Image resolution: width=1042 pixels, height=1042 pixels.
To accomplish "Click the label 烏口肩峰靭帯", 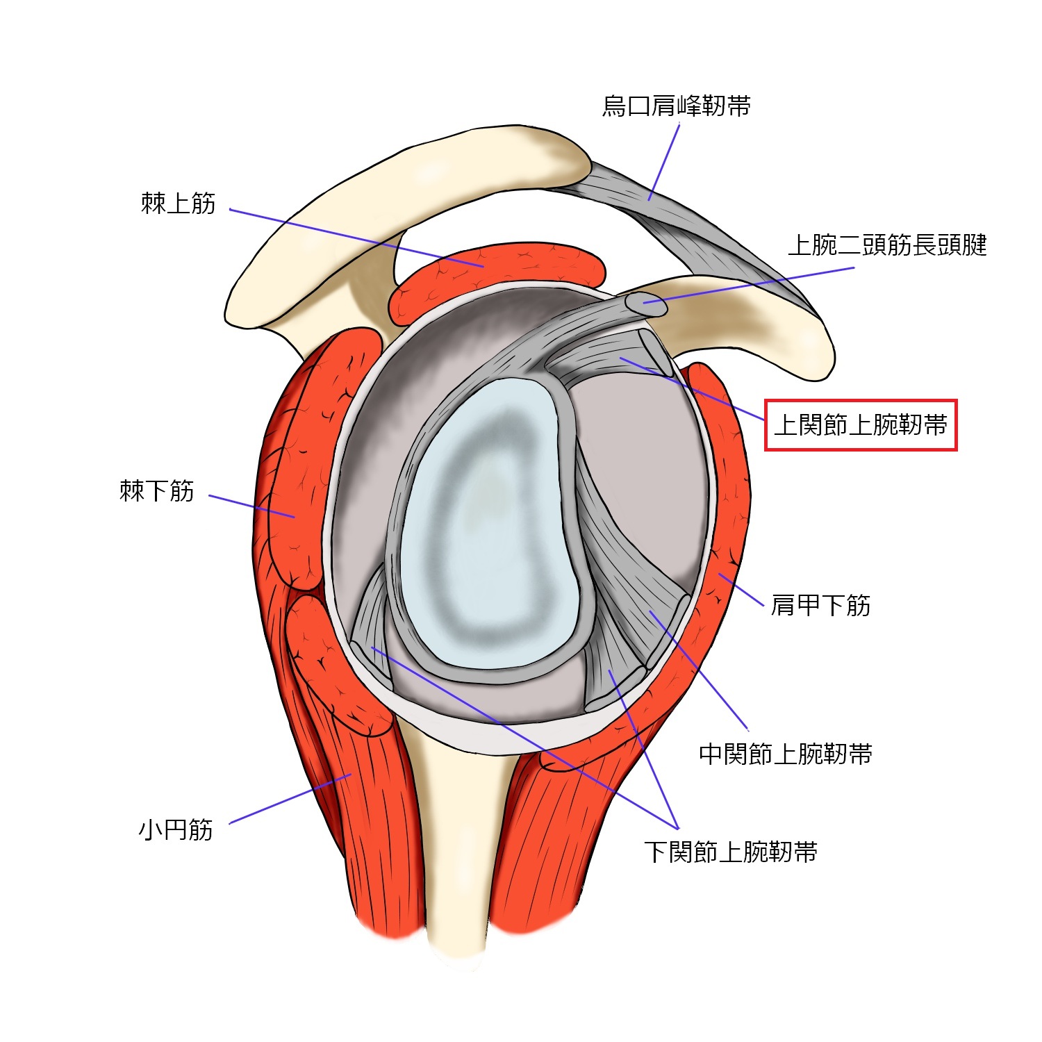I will pos(676,106).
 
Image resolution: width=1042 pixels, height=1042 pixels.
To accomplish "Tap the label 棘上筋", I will pos(178,204).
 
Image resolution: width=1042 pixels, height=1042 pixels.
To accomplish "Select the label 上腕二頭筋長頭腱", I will pos(887,245).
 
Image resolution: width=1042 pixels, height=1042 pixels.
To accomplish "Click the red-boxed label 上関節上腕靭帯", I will pos(861,425).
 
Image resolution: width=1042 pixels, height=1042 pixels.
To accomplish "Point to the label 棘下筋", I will pos(156,491).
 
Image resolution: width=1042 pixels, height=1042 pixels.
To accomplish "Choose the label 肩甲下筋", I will pos(820,605).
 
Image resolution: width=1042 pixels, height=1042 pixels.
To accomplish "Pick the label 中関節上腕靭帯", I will pos(785,754).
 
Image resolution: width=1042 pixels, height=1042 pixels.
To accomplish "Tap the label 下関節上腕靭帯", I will pos(730,852).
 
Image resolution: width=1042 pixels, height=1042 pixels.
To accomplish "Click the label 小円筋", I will pos(175,829).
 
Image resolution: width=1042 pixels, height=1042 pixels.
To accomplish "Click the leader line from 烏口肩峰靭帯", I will pos(664,162).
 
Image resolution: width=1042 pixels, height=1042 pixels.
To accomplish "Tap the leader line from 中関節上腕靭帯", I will pos(698,671).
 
